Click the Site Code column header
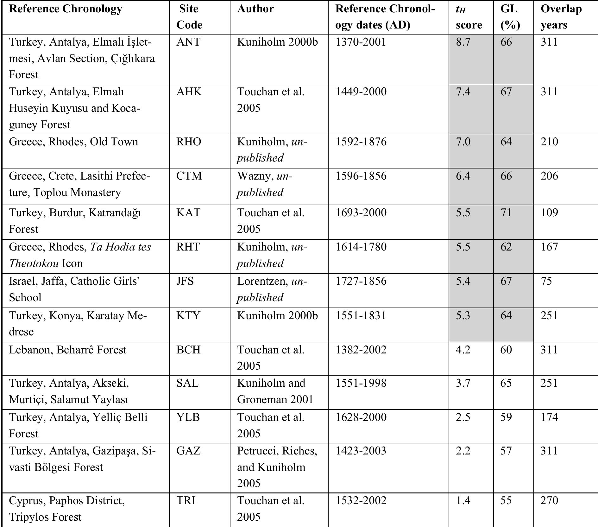pyautogui.click(x=189, y=17)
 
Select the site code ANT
pyautogui.click(x=188, y=42)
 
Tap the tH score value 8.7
pyautogui.click(x=463, y=42)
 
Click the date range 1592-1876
pyautogui.click(x=361, y=142)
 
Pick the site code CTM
pyautogui.click(x=189, y=176)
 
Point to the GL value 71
pyautogui.click(x=506, y=213)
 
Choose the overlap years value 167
pyautogui.click(x=549, y=247)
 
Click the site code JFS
pyautogui.click(x=185, y=281)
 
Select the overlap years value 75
pyautogui.click(x=546, y=281)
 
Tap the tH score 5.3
pyautogui.click(x=463, y=315)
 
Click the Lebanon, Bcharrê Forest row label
pyautogui.click(x=67, y=350)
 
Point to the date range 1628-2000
pyautogui.click(x=361, y=417)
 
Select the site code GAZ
pyautogui.click(x=188, y=451)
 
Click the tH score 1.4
pyautogui.click(x=463, y=500)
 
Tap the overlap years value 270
pyautogui.click(x=549, y=500)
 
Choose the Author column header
pyautogui.click(x=255, y=9)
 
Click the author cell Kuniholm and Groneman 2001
pyautogui.click(x=275, y=391)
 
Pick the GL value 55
pyautogui.click(x=506, y=500)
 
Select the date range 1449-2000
pyautogui.click(x=361, y=92)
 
